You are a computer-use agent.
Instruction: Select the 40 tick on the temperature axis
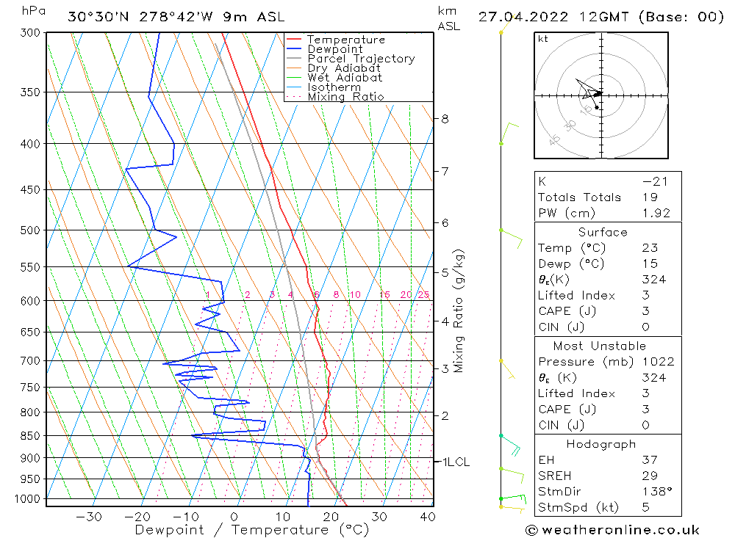tap(426, 517)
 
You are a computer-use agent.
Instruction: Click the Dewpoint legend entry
tap(334, 49)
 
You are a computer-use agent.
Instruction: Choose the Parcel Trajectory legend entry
tap(361, 59)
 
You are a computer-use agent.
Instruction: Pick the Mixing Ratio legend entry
tap(345, 97)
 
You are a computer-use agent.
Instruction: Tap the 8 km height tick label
tap(445, 118)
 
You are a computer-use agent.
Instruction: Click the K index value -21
tap(654, 181)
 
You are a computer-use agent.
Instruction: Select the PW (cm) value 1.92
tap(656, 213)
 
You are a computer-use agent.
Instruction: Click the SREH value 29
tap(649, 476)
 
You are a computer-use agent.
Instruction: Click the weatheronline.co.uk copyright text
tap(612, 530)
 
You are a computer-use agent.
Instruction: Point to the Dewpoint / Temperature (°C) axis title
tap(251, 529)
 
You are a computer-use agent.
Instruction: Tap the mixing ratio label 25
tap(423, 295)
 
